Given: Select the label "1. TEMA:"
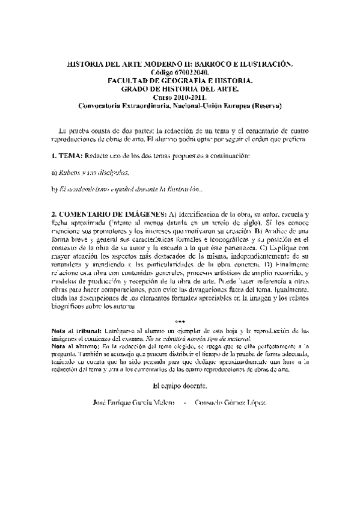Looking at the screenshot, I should (67, 156).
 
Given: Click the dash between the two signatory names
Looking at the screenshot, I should (176, 401).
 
